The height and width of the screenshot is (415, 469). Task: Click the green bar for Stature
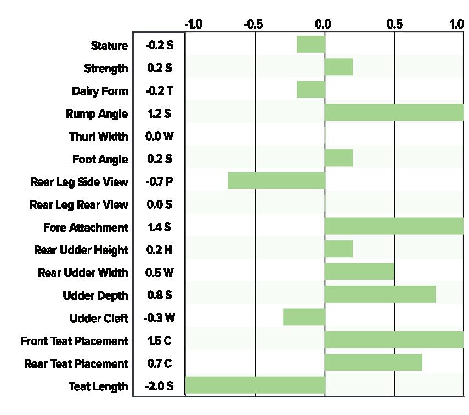(x=311, y=44)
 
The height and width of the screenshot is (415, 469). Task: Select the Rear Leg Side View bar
(x=276, y=180)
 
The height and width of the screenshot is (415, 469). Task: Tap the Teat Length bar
(x=255, y=385)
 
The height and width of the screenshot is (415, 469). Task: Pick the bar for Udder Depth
(x=380, y=294)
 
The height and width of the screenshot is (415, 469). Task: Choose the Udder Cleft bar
(x=304, y=317)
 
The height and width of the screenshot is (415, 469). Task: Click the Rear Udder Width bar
(x=359, y=271)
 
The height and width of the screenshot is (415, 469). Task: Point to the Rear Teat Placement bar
(x=374, y=362)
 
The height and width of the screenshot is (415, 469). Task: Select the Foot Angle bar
(x=339, y=157)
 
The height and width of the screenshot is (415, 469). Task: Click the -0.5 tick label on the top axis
(x=253, y=24)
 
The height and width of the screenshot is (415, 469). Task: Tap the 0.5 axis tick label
(x=394, y=24)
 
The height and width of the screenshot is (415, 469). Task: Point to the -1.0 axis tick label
(x=194, y=24)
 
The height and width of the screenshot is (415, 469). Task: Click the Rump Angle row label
(x=97, y=114)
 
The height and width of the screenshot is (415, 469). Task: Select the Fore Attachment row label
(x=86, y=228)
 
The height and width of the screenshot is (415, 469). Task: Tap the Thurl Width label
(x=99, y=137)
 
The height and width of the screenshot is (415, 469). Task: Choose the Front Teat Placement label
(x=74, y=341)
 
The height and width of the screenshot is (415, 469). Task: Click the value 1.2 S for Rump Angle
(x=159, y=113)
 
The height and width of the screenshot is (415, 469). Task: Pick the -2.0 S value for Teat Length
(x=159, y=386)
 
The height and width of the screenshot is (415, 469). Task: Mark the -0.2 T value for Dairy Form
(x=159, y=90)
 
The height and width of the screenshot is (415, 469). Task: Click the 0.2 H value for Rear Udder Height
(x=159, y=249)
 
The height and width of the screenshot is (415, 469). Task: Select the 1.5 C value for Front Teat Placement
(x=159, y=340)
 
